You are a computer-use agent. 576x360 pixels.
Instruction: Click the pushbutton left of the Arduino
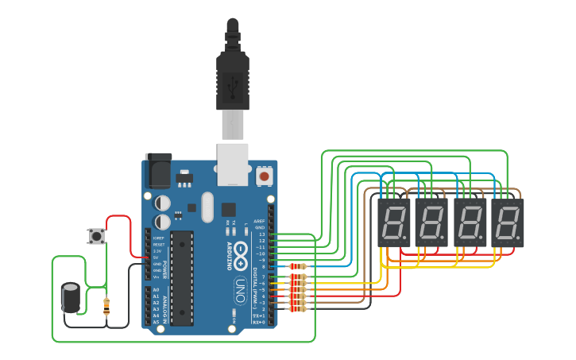coord(97,236)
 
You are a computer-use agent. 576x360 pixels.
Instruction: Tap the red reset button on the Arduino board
coord(264,174)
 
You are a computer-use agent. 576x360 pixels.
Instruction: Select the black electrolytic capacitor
coord(71,297)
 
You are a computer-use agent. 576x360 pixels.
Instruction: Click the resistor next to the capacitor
coord(107,306)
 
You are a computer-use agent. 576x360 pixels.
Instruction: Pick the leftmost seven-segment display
coord(392,223)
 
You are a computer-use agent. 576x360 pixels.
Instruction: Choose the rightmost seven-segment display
coord(507,223)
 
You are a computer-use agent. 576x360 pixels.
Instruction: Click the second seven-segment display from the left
coord(431,223)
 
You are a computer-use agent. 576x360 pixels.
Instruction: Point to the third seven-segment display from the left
coord(470,223)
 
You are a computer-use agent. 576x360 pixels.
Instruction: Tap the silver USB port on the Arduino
coord(233,163)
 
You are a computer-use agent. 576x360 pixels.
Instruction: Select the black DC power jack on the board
coord(158,170)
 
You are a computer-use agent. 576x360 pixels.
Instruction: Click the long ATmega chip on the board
coord(182,277)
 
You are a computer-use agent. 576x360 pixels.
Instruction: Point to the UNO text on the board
coord(240,289)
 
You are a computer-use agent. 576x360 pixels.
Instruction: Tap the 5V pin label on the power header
coord(157,257)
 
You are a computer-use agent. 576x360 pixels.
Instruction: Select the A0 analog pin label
coord(156,290)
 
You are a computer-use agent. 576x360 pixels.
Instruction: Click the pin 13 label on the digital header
coord(261,234)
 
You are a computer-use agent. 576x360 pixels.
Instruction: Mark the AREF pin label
coord(259,221)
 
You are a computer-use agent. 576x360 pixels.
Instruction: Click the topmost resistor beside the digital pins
coord(298,266)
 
